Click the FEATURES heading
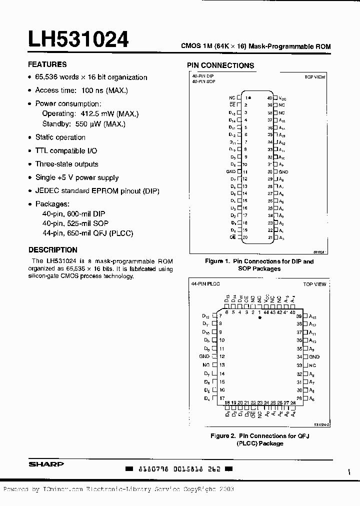point(47,64)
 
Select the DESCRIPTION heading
point(53,249)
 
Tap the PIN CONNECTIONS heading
point(220,65)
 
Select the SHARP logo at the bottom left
point(46,464)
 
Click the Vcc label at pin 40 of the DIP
point(282,98)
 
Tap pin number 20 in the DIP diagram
point(245,237)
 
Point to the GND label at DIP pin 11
point(231,171)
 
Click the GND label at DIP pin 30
point(283,171)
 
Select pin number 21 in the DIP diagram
point(270,237)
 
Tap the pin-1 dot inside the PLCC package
point(259,318)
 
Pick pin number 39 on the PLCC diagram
point(299,316)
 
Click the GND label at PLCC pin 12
point(204,356)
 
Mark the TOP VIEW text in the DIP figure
point(315,77)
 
